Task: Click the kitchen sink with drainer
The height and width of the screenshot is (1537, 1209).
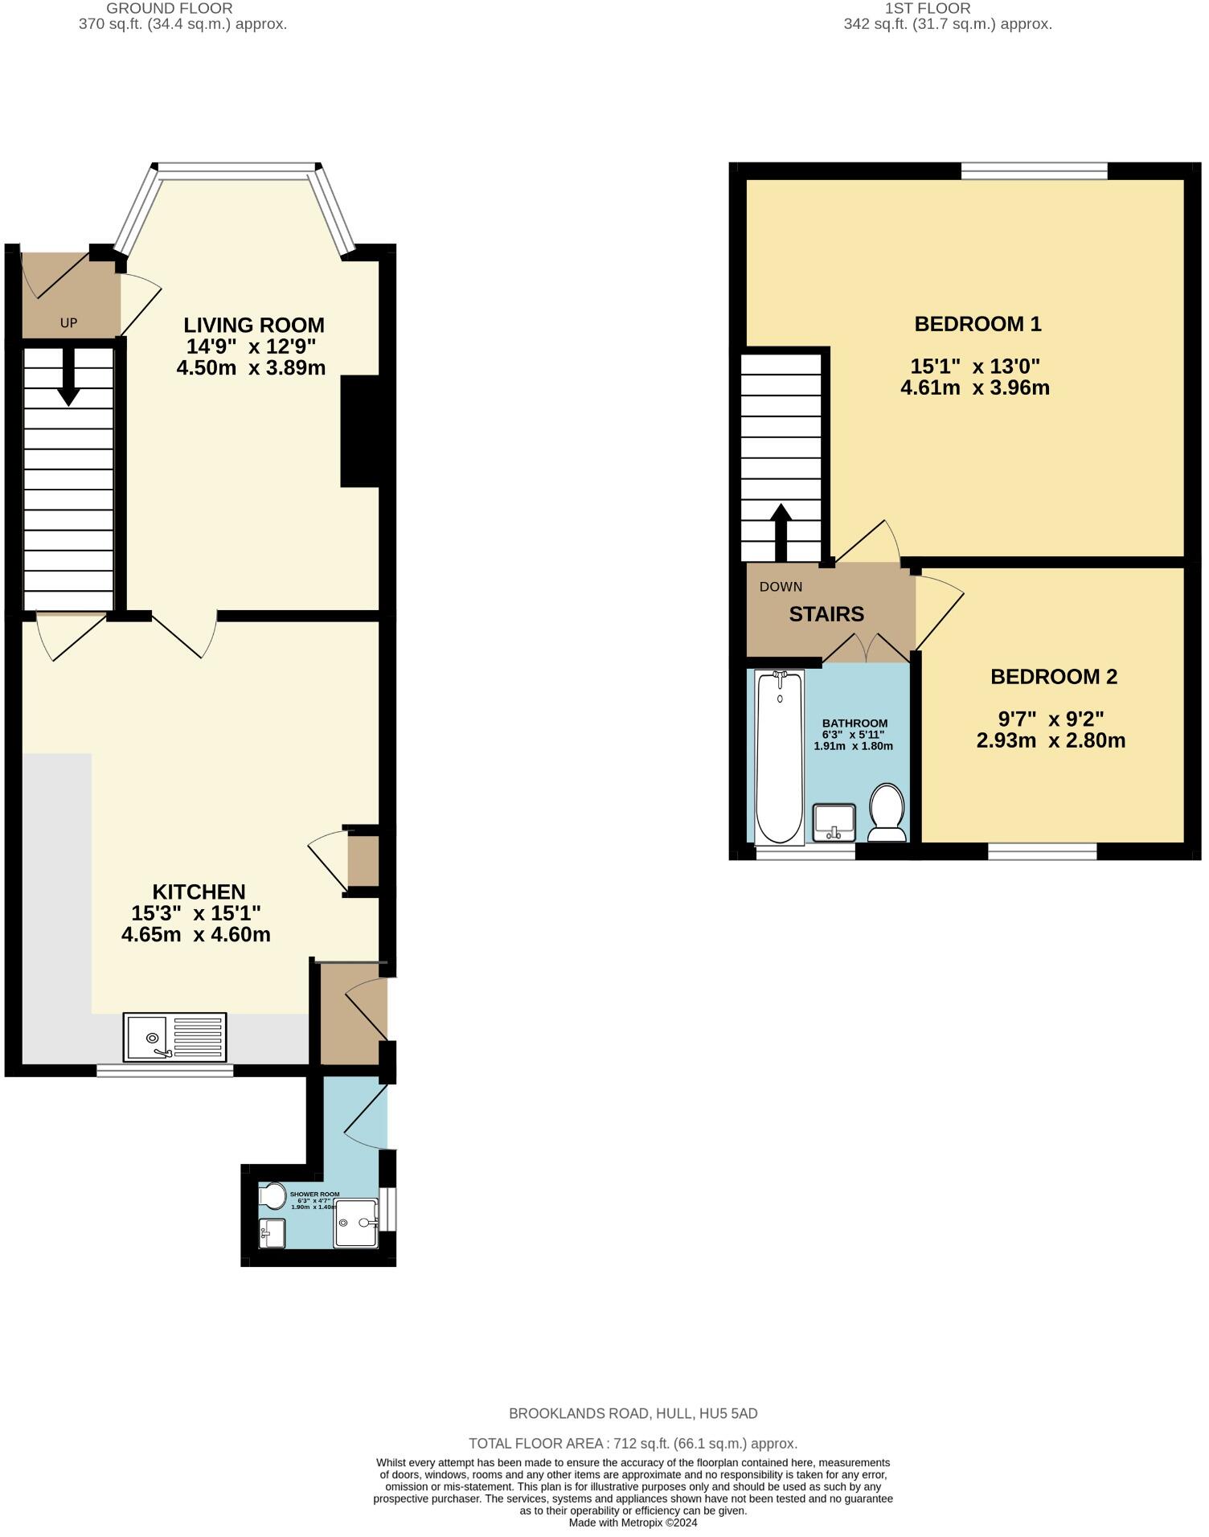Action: click(174, 1036)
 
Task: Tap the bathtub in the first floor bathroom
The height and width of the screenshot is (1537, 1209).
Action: click(779, 757)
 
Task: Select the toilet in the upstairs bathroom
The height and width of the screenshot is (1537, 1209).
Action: click(887, 812)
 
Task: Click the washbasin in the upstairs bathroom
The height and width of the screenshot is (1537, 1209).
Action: click(834, 822)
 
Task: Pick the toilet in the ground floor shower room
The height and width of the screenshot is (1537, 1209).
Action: click(273, 1196)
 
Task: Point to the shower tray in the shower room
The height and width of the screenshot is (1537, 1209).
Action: click(356, 1223)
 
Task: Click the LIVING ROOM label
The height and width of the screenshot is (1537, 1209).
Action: click(254, 325)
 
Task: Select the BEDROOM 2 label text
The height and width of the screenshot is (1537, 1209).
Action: click(1053, 677)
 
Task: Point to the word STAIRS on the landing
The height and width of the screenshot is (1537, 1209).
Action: click(826, 614)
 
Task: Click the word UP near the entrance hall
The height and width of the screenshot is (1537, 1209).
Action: click(68, 323)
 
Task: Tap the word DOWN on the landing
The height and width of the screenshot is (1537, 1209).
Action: click(781, 587)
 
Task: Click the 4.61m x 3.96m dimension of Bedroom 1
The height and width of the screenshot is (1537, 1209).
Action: click(975, 388)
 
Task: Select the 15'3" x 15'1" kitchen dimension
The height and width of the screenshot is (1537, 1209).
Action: click(195, 913)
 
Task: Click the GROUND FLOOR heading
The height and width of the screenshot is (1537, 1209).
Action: click(170, 8)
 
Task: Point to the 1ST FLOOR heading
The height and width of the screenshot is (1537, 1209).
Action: click(928, 8)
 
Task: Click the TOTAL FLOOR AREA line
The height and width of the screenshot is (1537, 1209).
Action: click(633, 1443)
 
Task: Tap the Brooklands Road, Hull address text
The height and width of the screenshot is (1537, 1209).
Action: click(633, 1413)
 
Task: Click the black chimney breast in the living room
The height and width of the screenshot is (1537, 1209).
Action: click(360, 432)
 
